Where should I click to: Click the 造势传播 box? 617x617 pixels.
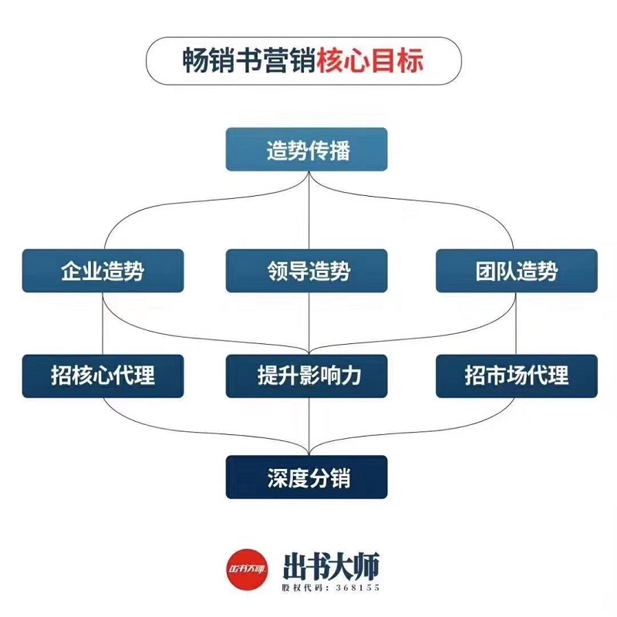click(x=308, y=150)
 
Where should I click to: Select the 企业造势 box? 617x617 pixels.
click(x=103, y=271)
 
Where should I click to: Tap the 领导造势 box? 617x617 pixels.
click(x=308, y=271)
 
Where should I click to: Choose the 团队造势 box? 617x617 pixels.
click(x=516, y=271)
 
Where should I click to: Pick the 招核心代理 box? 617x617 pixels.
click(x=103, y=376)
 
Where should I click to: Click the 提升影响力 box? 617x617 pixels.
click(x=308, y=376)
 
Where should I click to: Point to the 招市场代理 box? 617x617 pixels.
click(x=516, y=376)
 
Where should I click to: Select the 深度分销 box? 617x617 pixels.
click(x=308, y=477)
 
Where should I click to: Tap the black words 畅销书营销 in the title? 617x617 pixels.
click(x=248, y=59)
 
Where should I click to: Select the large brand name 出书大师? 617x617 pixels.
click(x=331, y=564)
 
